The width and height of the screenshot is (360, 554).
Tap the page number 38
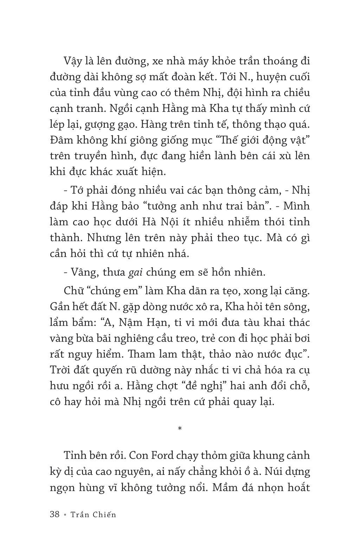pyautogui.click(x=55, y=514)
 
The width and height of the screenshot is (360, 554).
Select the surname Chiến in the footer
pyautogui.click(x=104, y=514)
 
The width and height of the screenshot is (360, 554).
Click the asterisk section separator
pyautogui.click(x=180, y=428)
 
